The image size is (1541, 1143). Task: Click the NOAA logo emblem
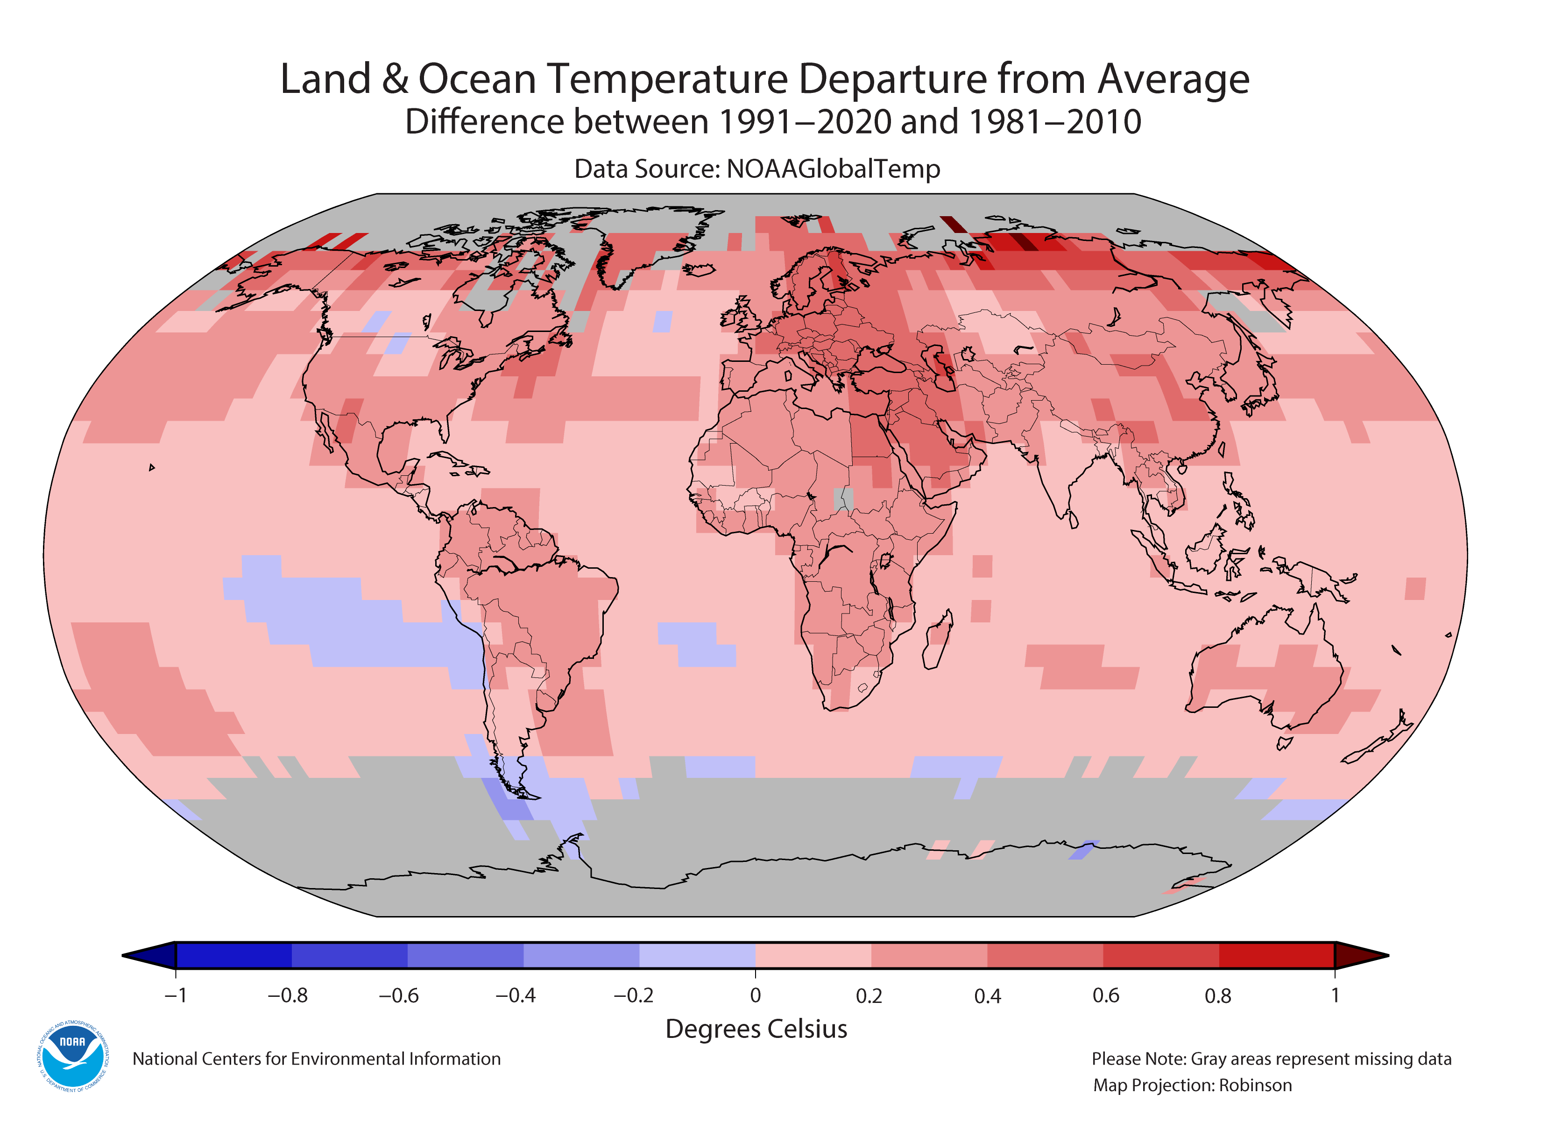click(x=72, y=1056)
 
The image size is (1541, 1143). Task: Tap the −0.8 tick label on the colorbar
click(x=287, y=995)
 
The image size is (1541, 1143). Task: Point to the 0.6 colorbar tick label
click(x=1105, y=995)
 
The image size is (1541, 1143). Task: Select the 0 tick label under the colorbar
click(x=755, y=995)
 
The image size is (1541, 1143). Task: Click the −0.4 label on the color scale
click(x=516, y=995)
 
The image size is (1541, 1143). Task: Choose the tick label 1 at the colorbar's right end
click(x=1335, y=995)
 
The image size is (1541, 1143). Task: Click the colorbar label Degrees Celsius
click(x=756, y=1029)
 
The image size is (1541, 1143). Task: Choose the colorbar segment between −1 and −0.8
click(x=234, y=955)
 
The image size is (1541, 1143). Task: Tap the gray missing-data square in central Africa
click(x=843, y=499)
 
